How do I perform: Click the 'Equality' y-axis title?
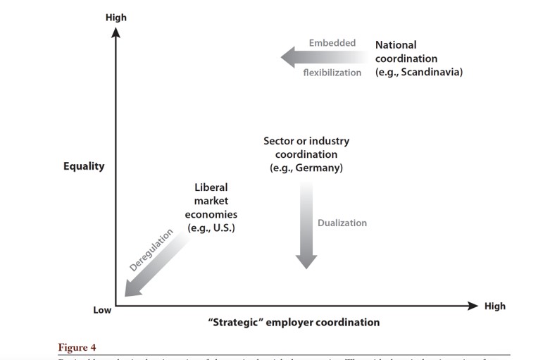84,167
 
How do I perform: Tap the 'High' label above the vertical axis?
115,17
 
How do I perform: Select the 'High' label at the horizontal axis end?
494,306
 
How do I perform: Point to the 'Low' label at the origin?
102,310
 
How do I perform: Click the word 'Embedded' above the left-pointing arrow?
332,43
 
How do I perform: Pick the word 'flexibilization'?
332,73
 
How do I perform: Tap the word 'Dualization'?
342,223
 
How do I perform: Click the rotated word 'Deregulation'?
151,250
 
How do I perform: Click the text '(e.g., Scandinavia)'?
418,72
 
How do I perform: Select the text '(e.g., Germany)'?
306,168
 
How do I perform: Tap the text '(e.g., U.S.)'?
211,228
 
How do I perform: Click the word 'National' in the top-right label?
396,45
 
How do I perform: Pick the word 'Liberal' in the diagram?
211,187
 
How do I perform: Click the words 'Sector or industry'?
306,141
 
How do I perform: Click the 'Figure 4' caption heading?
77,347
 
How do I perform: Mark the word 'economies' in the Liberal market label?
211,214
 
